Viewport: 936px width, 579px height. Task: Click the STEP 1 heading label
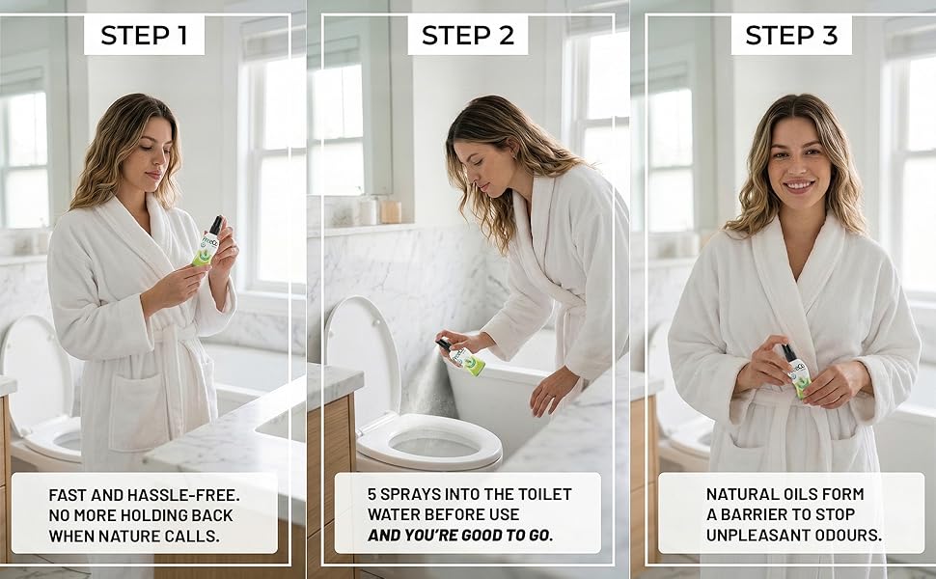[x=144, y=35]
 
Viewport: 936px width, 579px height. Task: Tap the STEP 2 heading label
[x=467, y=35]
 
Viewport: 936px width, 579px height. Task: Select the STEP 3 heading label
[x=791, y=35]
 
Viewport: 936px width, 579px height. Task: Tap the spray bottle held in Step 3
[x=796, y=372]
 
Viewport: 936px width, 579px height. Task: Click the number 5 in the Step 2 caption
[x=372, y=494]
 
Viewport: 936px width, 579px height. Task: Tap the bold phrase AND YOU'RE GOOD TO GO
[x=460, y=535]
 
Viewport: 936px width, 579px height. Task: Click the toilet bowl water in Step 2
[x=434, y=445]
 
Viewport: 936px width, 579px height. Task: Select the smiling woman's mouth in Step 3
[x=799, y=185]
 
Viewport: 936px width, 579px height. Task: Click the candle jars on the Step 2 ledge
[x=379, y=210]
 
